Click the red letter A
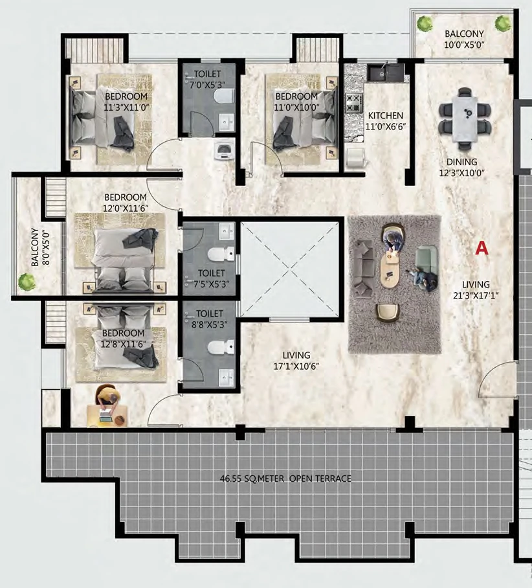click(x=482, y=248)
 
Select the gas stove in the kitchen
click(x=354, y=103)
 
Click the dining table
click(x=465, y=118)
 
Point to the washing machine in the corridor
click(x=224, y=151)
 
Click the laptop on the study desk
click(x=106, y=413)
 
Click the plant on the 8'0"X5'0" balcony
click(x=27, y=282)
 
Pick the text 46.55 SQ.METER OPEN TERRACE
click(x=285, y=479)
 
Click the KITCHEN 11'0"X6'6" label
click(x=386, y=120)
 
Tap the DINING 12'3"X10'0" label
click(x=462, y=167)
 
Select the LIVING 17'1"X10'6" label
click(x=296, y=360)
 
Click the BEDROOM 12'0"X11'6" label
click(x=125, y=203)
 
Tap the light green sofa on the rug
click(x=427, y=258)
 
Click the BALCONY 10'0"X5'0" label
click(x=465, y=40)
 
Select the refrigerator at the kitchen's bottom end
click(x=354, y=157)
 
